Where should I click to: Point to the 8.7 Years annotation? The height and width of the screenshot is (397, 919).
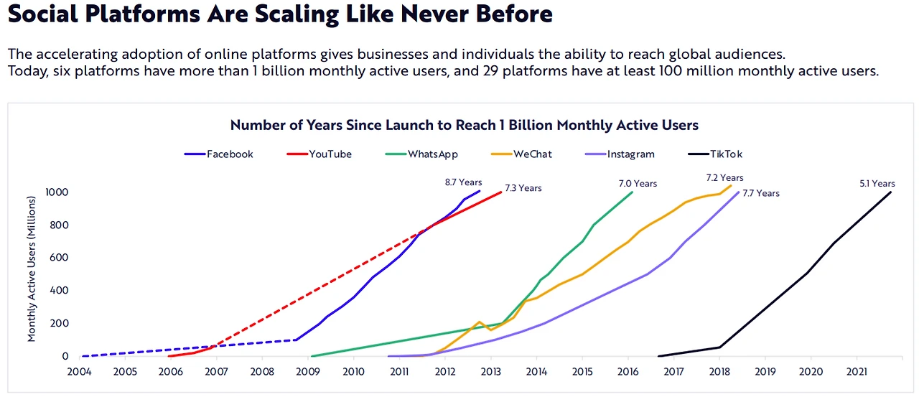(x=463, y=183)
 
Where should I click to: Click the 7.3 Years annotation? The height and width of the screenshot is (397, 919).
(x=523, y=189)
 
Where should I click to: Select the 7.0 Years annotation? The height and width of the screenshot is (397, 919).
(x=638, y=184)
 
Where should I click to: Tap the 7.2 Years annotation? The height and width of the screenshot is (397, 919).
(x=724, y=178)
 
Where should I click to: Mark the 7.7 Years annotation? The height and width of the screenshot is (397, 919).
(x=760, y=193)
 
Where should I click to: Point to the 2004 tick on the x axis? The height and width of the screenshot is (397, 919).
(x=80, y=372)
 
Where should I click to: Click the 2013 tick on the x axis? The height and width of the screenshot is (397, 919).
(x=491, y=372)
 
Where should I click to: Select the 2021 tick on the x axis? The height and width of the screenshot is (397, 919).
(x=857, y=372)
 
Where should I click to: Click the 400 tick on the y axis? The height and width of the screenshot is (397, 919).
(x=60, y=291)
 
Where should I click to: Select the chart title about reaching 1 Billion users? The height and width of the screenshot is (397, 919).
(x=464, y=126)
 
